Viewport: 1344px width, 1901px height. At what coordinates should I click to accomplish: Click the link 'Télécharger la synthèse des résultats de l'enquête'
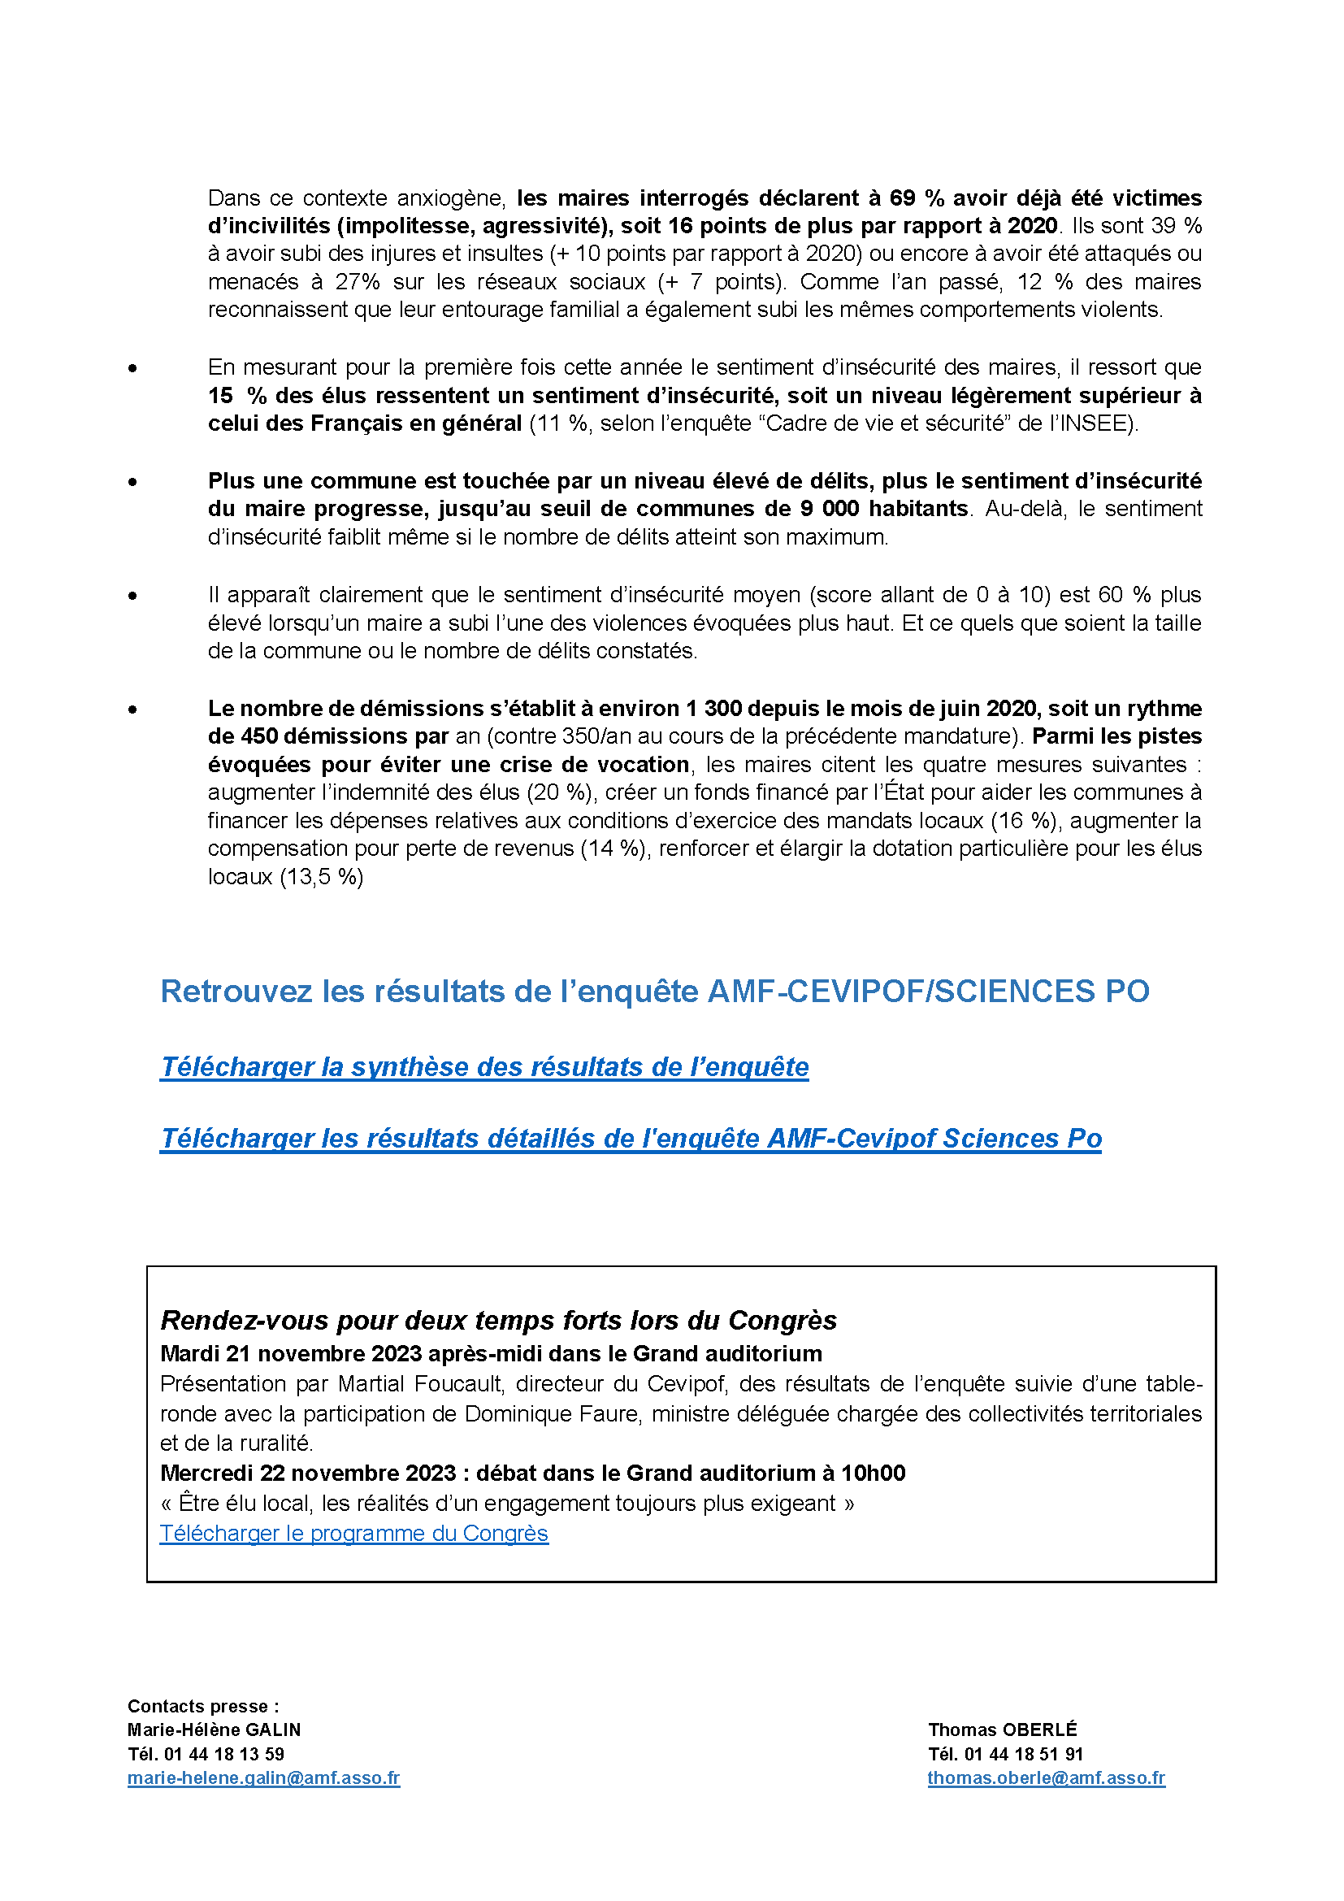point(484,1066)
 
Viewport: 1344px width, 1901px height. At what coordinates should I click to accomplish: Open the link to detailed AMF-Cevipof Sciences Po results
point(631,1139)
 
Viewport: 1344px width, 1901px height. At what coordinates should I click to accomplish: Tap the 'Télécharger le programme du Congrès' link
point(353,1534)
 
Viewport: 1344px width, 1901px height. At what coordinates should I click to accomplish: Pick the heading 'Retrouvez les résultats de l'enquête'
point(655,991)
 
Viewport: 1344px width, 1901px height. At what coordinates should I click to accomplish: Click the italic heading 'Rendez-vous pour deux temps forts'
point(498,1320)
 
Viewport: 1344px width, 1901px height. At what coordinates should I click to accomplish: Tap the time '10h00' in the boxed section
point(873,1473)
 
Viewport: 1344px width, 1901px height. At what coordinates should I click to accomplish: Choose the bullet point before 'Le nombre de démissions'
point(132,710)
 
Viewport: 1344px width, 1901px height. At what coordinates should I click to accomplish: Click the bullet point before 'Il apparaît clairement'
point(132,596)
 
